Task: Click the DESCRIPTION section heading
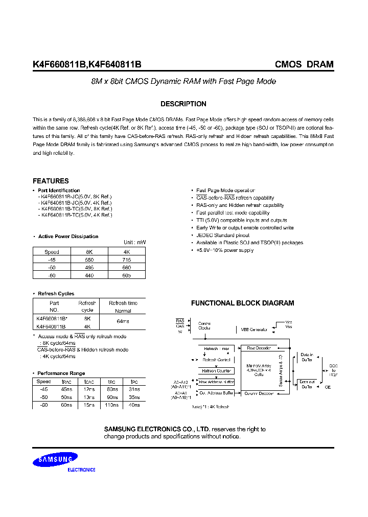click(183, 104)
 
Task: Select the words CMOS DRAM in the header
click(304, 64)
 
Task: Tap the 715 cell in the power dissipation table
click(127, 260)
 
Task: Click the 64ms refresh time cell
click(123, 321)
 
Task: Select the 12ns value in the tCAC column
click(89, 389)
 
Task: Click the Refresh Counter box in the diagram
click(217, 371)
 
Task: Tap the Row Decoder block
click(259, 348)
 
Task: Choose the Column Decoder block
click(259, 393)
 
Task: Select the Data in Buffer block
click(307, 357)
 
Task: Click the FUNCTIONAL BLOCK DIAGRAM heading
click(242, 303)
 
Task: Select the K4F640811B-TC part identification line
click(75, 215)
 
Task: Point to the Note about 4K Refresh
click(211, 406)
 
